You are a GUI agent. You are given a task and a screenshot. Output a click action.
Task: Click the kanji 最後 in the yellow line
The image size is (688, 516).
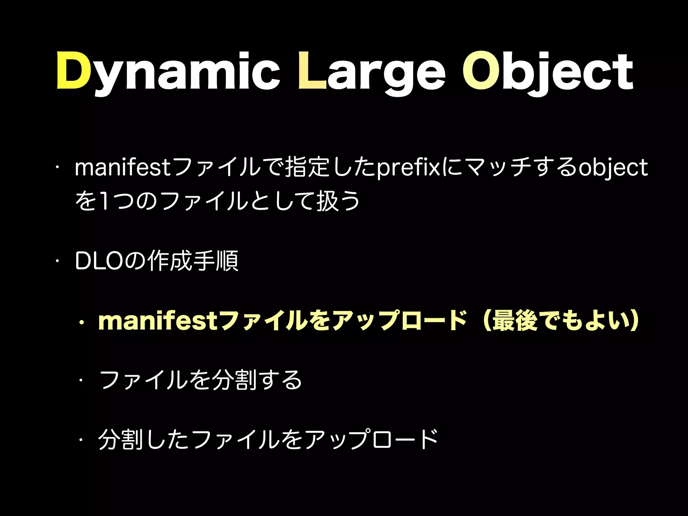click(x=515, y=321)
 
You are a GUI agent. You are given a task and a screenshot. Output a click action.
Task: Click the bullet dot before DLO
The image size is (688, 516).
click(x=58, y=261)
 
